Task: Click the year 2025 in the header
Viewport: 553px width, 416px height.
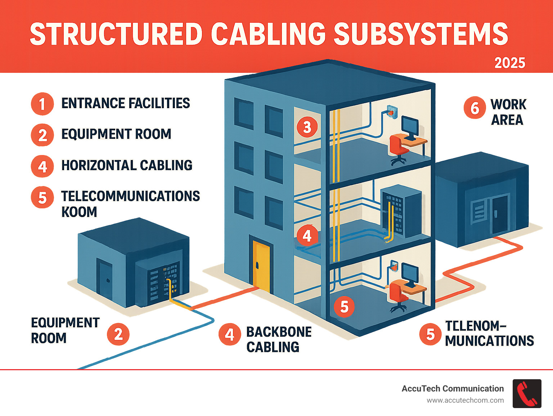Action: pyautogui.click(x=509, y=63)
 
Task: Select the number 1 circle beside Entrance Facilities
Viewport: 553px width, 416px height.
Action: pyautogui.click(x=42, y=104)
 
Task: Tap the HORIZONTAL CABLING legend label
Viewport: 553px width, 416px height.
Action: pyautogui.click(x=127, y=165)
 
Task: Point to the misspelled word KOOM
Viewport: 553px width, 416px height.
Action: pyautogui.click(x=79, y=212)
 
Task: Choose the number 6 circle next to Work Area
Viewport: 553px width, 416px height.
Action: pyautogui.click(x=475, y=108)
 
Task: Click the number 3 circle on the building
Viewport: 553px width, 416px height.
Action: pyautogui.click(x=307, y=127)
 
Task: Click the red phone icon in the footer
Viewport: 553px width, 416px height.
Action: pyautogui.click(x=527, y=394)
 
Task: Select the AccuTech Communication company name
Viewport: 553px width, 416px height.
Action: pyautogui.click(x=453, y=389)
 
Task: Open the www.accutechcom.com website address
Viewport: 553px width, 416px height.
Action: pyautogui.click(x=465, y=400)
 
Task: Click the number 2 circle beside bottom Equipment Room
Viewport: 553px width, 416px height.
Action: pyautogui.click(x=118, y=334)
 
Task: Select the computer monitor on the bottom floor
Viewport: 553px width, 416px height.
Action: pyautogui.click(x=410, y=273)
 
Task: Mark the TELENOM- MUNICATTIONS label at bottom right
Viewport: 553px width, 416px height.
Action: pyautogui.click(x=489, y=333)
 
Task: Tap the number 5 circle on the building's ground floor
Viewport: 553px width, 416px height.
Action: pyautogui.click(x=344, y=307)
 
